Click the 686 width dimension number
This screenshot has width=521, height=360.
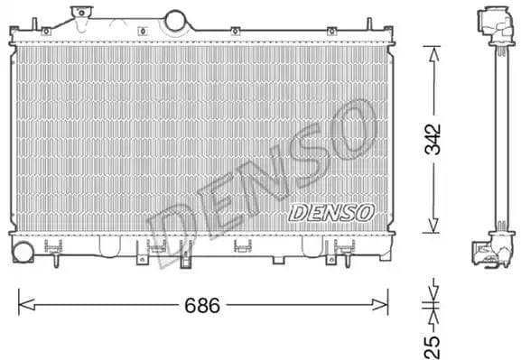(x=203, y=306)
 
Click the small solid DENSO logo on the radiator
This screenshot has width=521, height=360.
(x=331, y=213)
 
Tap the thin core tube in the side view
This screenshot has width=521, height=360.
(x=498, y=135)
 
